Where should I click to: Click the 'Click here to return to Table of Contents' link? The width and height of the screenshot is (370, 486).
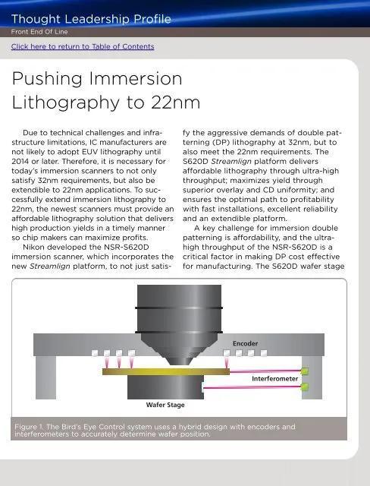(83, 46)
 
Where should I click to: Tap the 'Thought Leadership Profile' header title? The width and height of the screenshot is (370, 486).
(91, 19)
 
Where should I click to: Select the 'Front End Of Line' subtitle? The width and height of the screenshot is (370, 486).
(39, 32)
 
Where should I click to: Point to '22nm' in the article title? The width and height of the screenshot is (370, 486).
(175, 103)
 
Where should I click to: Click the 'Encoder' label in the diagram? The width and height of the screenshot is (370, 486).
(245, 343)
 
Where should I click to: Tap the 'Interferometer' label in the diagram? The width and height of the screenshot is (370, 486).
(274, 379)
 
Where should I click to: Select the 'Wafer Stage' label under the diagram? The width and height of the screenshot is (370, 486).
(165, 405)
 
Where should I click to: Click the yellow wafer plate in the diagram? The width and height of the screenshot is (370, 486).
(166, 371)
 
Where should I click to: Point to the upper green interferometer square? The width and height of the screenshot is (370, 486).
(305, 371)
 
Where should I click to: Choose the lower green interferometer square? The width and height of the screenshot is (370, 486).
(305, 387)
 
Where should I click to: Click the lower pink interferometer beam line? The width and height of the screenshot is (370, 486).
(252, 387)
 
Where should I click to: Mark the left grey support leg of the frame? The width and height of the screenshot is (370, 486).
(45, 377)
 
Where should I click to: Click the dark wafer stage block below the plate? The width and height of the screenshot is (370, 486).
(165, 387)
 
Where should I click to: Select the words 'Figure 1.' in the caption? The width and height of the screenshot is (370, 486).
(29, 427)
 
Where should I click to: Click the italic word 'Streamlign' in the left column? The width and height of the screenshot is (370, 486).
(50, 267)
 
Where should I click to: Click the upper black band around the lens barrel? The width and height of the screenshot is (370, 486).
(179, 308)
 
